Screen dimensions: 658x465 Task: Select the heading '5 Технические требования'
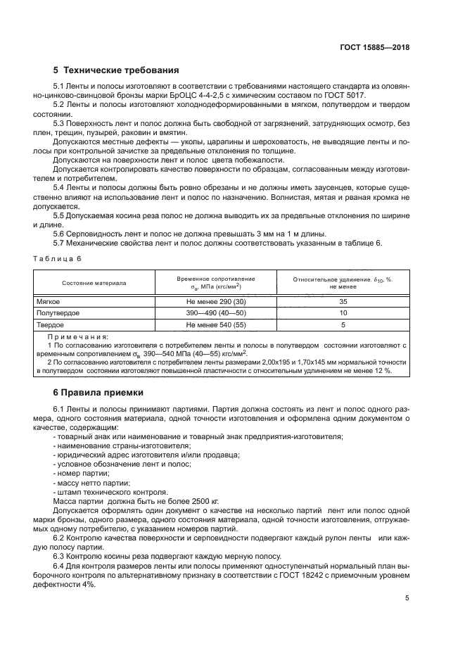pyautogui.click(x=116, y=70)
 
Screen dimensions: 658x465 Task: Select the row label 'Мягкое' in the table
pyautogui.click(x=49, y=301)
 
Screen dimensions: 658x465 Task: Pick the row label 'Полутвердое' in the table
pyautogui.click(x=58, y=313)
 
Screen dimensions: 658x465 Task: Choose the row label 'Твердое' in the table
pyautogui.click(x=51, y=325)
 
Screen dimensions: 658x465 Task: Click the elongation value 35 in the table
pyautogui.click(x=343, y=301)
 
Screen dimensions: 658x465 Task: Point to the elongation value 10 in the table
pyautogui.click(x=343, y=313)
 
